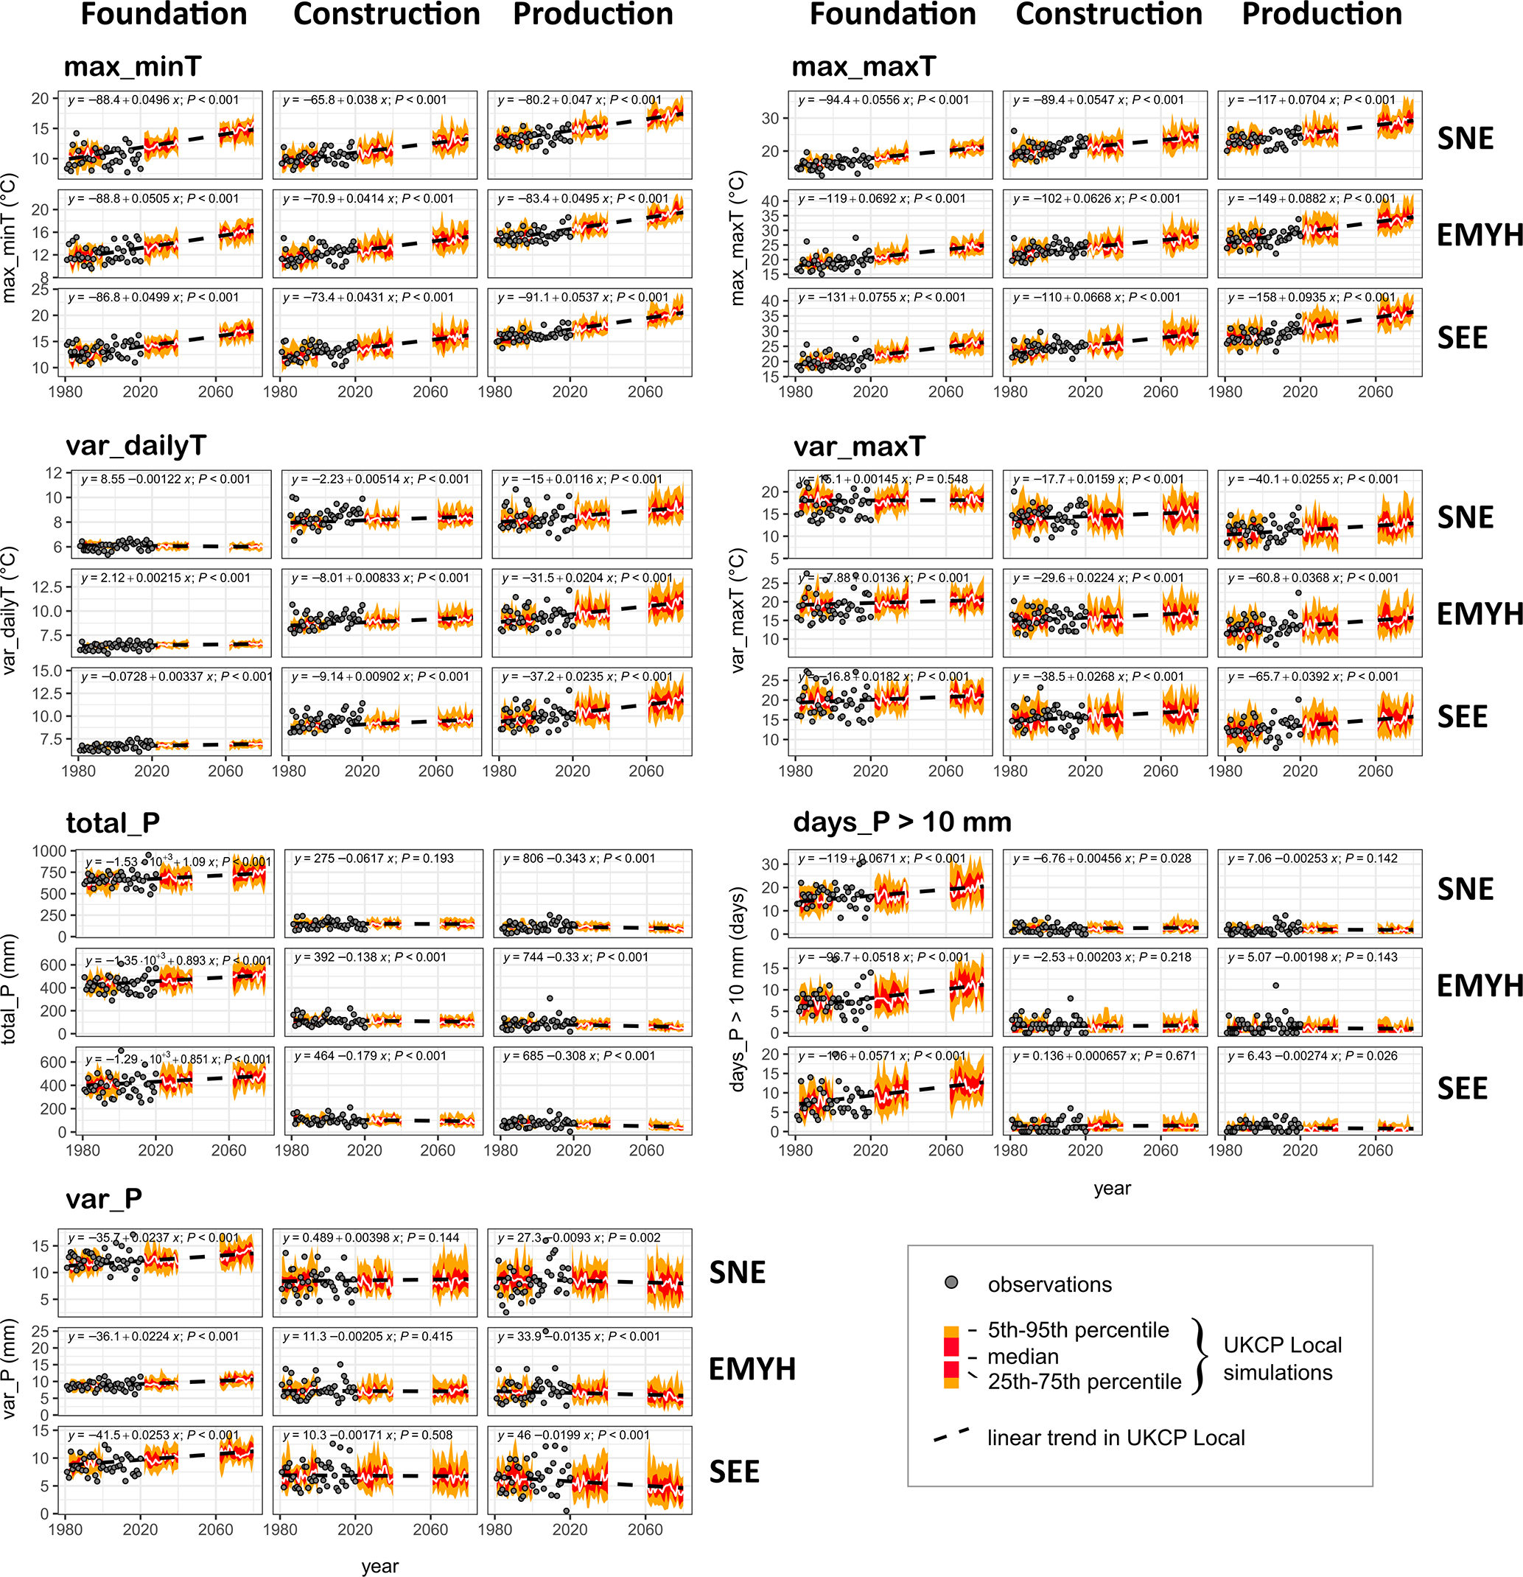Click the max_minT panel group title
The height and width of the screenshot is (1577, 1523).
click(x=132, y=67)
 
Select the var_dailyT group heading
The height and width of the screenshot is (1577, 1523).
click(x=136, y=446)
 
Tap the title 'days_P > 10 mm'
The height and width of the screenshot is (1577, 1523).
click(x=902, y=822)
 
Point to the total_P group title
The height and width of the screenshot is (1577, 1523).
click(x=113, y=823)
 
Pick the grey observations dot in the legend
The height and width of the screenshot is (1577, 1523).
click(x=951, y=1282)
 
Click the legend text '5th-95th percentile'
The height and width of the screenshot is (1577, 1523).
click(x=1078, y=1330)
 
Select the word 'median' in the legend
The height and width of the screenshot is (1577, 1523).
click(x=1023, y=1357)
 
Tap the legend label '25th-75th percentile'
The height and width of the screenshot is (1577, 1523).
click(x=1085, y=1382)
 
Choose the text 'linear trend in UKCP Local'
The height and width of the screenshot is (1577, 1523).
click(x=1116, y=1438)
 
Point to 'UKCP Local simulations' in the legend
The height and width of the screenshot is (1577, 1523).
click(x=1283, y=1358)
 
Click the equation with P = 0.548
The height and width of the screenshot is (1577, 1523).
click(x=883, y=480)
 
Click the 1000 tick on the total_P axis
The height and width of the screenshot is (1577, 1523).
click(x=50, y=851)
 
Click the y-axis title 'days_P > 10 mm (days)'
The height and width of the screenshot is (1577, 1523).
click(x=737, y=989)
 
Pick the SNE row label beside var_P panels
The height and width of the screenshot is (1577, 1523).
click(x=737, y=1272)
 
